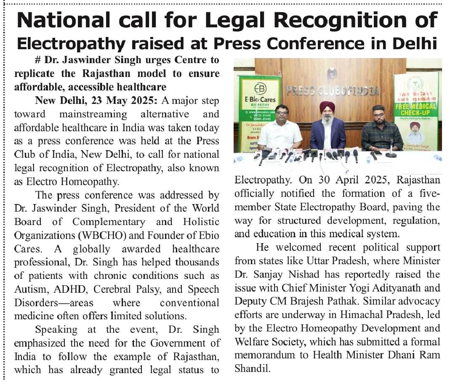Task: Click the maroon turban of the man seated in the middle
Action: pos(327,106)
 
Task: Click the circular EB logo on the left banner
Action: pos(260,89)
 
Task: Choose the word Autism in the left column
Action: pos(30,289)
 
